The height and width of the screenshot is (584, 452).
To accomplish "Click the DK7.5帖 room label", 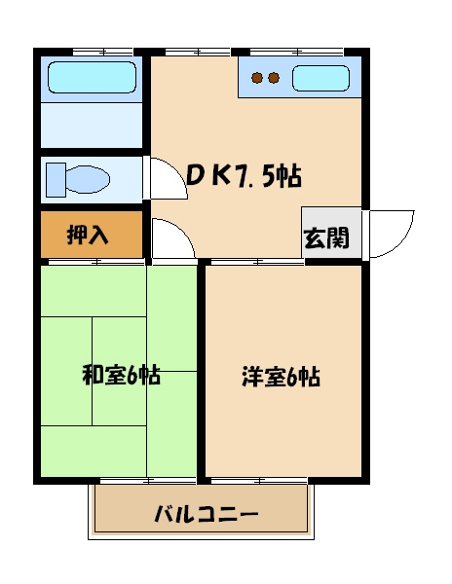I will click(x=243, y=175).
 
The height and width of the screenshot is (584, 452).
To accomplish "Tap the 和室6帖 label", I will click(x=121, y=376).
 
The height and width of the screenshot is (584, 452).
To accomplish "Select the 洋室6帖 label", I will click(x=281, y=377).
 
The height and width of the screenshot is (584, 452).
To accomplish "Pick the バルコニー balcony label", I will click(x=207, y=513).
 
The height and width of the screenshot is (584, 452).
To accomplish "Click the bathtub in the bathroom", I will click(x=92, y=77).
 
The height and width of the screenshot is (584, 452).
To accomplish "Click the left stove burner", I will click(x=257, y=78).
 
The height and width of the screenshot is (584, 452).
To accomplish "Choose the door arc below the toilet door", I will click(x=171, y=240).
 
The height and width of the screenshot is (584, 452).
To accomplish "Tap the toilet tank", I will click(x=52, y=180).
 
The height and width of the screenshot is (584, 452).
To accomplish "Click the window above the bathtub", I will click(x=102, y=51).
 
